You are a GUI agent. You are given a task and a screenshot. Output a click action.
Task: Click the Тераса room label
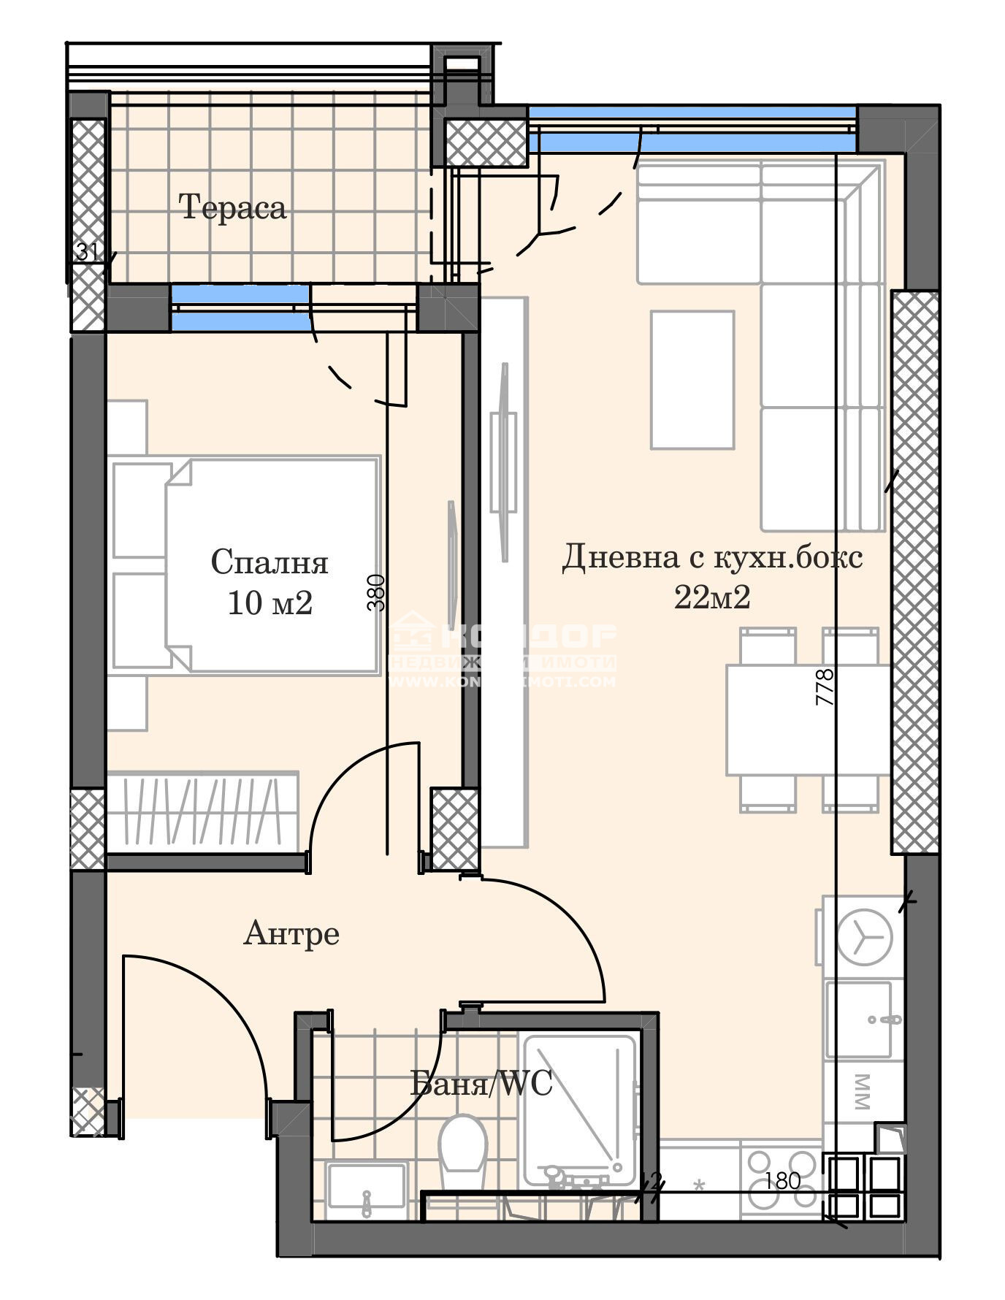[x=232, y=208]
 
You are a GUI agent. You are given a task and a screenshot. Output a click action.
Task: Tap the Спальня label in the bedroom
[x=269, y=562]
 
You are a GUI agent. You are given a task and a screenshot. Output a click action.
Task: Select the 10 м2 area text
[x=270, y=603]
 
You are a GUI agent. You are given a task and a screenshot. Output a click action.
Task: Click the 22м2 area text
[x=711, y=597]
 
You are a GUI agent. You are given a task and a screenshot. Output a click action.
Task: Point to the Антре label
[x=291, y=933]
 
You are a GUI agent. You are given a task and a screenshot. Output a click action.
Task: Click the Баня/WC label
[x=481, y=1083]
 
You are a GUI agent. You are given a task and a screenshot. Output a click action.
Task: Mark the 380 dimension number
[x=375, y=592]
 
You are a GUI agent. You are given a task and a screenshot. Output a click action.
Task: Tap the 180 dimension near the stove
[x=783, y=1181]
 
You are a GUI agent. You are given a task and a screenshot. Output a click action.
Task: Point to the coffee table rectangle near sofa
[x=692, y=379]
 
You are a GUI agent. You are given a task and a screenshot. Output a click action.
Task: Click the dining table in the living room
[x=808, y=719]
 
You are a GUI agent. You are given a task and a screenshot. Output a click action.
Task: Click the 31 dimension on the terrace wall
[x=88, y=253]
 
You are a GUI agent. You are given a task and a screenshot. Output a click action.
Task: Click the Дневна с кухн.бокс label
[x=711, y=558]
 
